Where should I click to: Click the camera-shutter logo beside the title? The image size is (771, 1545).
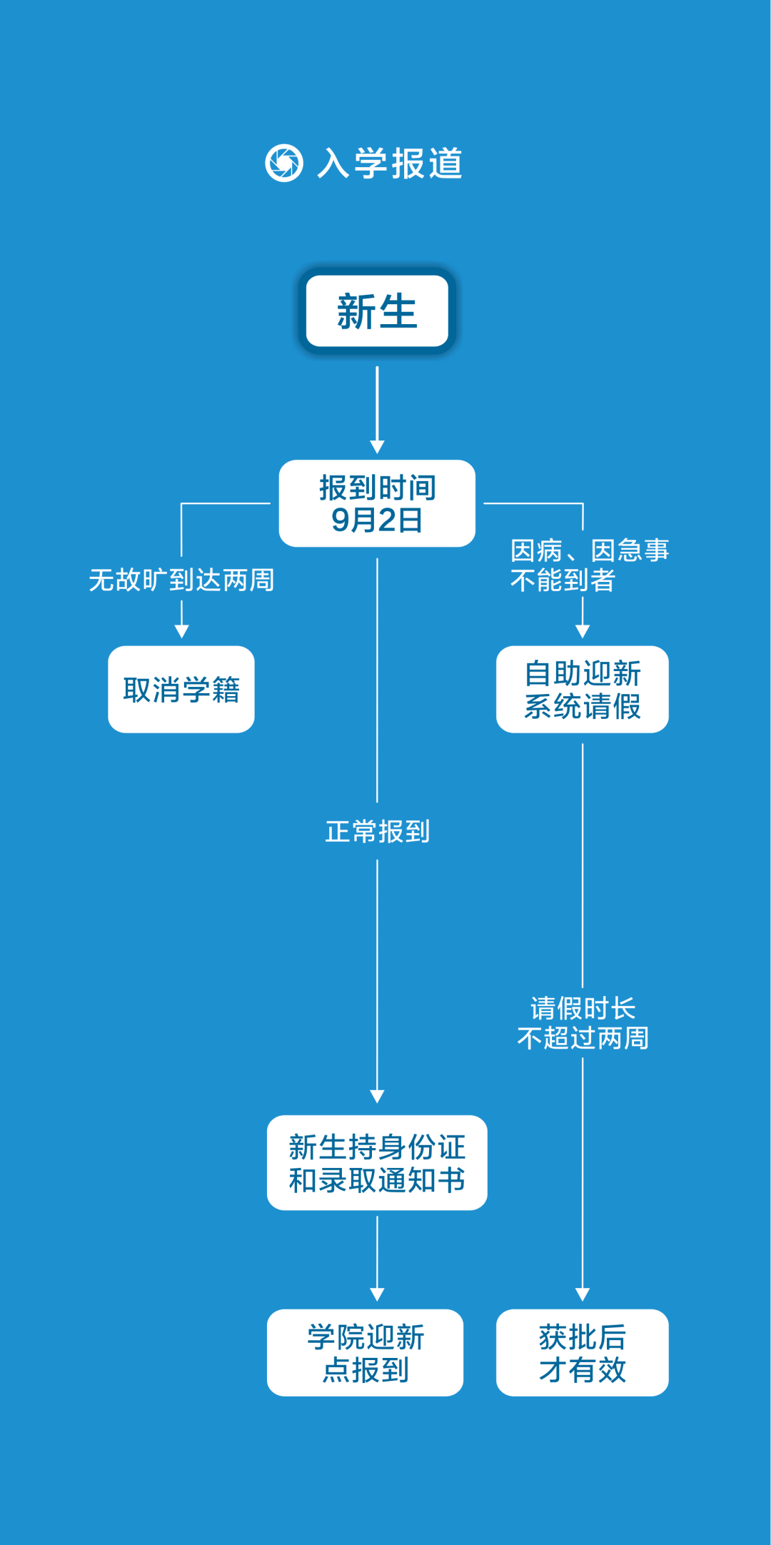point(284,163)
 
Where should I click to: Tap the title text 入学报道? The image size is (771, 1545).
point(390,163)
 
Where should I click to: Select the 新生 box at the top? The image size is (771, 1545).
point(377,311)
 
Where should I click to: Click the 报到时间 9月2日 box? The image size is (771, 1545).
point(377,503)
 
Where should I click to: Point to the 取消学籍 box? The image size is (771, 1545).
point(181,689)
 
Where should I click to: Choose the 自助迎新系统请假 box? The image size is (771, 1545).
point(583,689)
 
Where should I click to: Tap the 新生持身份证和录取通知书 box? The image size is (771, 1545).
point(377,1162)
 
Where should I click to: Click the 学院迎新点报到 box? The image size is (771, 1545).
point(366,1352)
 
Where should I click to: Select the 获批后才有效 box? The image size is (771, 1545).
point(583,1352)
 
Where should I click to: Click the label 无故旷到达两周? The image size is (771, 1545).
point(181,580)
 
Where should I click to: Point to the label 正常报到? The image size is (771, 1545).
point(377,831)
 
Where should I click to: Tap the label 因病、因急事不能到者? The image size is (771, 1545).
point(590,565)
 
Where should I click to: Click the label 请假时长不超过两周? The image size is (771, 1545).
point(583,1022)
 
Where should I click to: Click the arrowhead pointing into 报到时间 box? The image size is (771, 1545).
point(377,447)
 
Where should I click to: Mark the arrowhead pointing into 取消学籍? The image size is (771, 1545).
point(181,631)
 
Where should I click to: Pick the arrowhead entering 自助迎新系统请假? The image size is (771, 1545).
point(583,631)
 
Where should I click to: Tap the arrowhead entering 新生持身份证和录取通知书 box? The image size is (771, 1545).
point(377,1096)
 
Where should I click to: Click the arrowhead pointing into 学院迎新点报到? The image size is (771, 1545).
point(377,1294)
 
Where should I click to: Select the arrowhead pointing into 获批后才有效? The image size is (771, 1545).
point(583,1294)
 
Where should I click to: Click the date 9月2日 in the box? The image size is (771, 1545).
point(377,520)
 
